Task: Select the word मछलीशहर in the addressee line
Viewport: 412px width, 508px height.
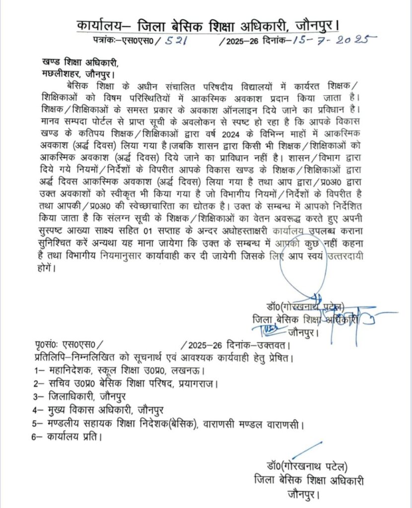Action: [x=62, y=74]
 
